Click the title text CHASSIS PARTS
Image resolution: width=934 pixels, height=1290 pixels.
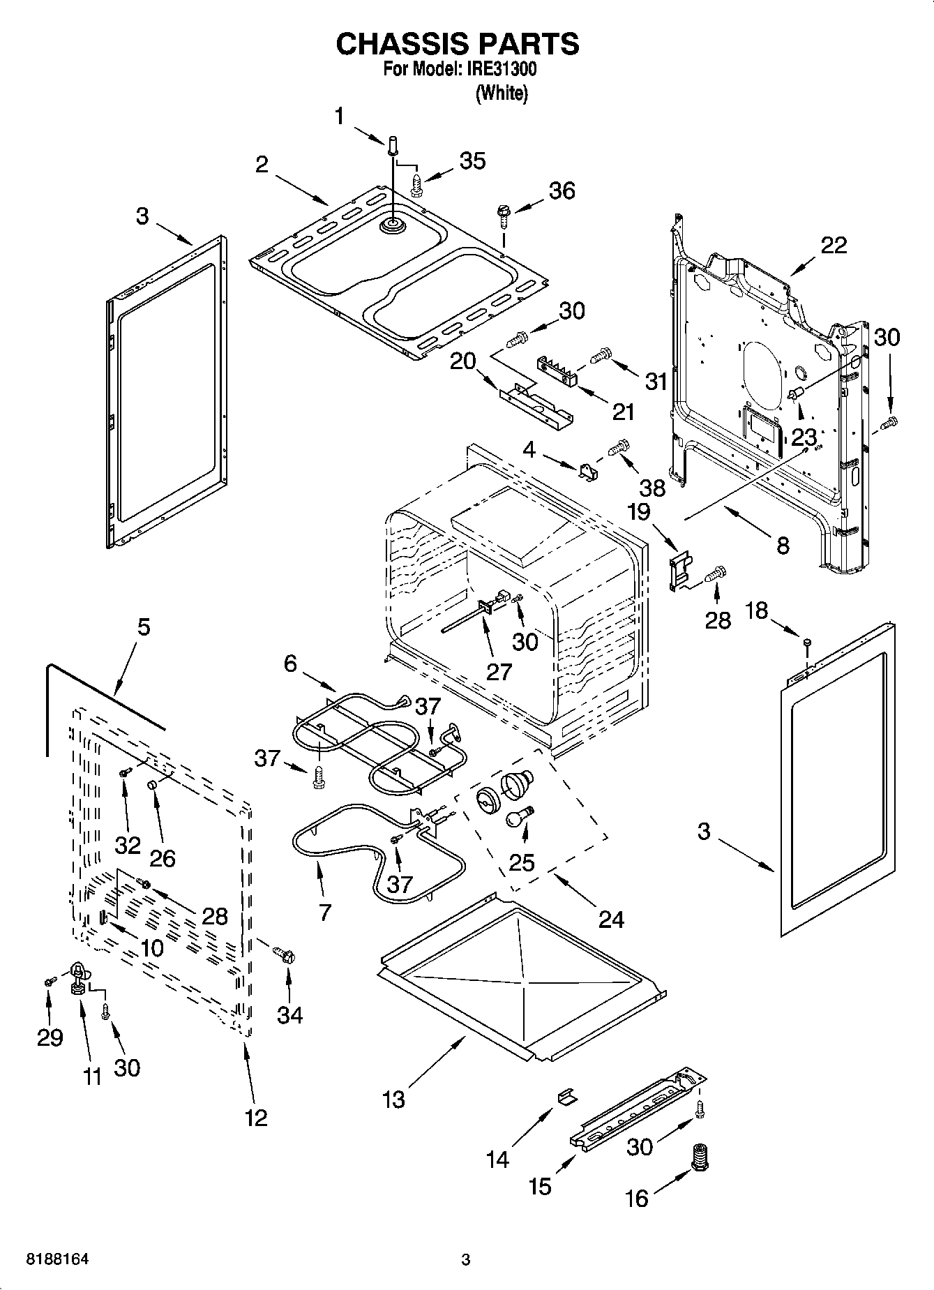tap(457, 44)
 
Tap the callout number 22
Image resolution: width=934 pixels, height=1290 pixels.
tap(834, 245)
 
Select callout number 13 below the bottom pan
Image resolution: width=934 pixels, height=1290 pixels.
tap(393, 1100)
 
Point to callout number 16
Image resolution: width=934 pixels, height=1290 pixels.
tap(636, 1199)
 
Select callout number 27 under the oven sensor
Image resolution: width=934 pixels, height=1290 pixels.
tap(499, 671)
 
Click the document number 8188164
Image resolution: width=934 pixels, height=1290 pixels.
tap(59, 1259)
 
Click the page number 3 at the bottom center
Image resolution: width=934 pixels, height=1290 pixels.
tap(466, 1259)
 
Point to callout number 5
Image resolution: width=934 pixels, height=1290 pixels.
tap(142, 627)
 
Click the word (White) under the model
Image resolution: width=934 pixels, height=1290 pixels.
tap(501, 93)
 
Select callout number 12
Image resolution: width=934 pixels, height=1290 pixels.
tap(256, 1118)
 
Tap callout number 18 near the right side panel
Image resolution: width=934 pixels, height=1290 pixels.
tap(756, 610)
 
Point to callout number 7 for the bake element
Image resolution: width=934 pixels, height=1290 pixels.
tap(325, 911)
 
